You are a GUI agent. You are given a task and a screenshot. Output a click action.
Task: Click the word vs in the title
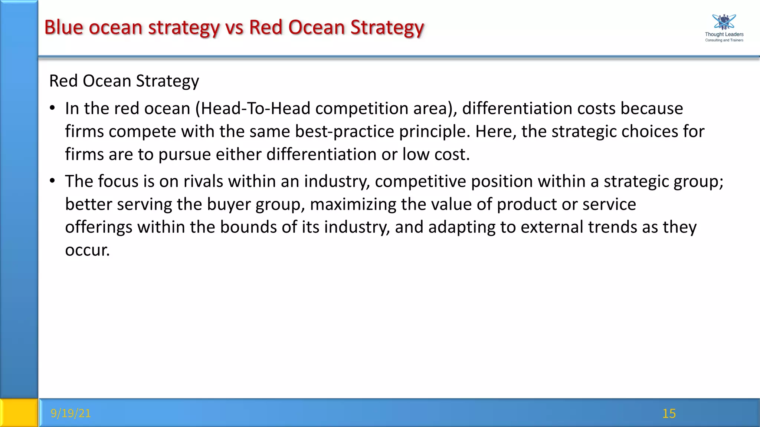[x=234, y=27]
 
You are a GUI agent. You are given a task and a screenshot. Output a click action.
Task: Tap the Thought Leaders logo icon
[x=724, y=22]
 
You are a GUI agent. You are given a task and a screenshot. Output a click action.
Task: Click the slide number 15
[x=669, y=413]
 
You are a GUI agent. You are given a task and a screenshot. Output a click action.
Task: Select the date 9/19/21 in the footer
[x=71, y=413]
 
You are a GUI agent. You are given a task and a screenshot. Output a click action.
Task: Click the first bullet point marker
[x=53, y=108]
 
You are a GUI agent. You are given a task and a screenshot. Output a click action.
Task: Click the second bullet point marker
[x=53, y=181]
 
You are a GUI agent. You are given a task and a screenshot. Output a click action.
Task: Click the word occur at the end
[x=87, y=250]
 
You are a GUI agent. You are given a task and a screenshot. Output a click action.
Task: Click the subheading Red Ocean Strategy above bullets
[x=124, y=81]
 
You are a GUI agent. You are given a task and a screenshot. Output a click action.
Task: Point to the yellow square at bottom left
[x=19, y=413]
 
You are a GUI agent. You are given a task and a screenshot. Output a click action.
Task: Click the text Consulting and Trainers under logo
[x=724, y=40]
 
